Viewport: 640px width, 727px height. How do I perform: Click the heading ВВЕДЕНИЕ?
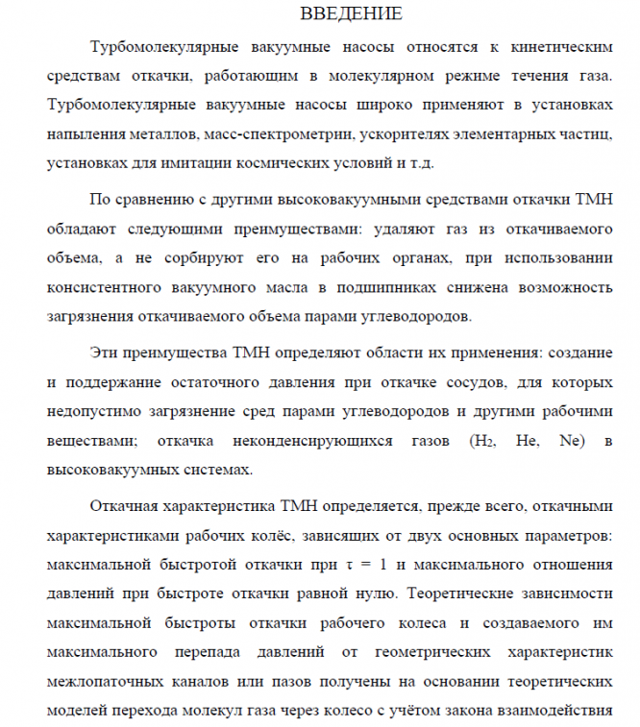[x=351, y=13]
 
